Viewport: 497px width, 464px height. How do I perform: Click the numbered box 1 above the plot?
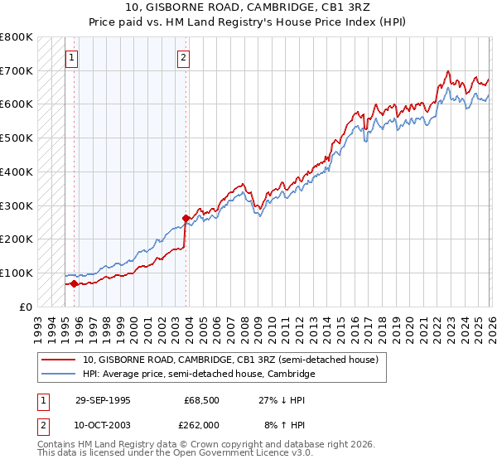click(x=72, y=58)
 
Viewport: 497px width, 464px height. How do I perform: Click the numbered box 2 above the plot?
click(x=183, y=58)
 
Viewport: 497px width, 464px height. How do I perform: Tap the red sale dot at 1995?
click(x=74, y=283)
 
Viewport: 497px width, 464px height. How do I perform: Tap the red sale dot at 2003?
click(x=186, y=218)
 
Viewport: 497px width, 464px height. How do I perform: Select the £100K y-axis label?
click(x=17, y=273)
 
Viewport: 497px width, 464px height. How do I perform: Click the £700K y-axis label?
click(x=17, y=70)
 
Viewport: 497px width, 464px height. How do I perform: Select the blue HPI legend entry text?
click(x=199, y=375)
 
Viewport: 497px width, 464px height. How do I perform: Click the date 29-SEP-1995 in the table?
click(x=103, y=399)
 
